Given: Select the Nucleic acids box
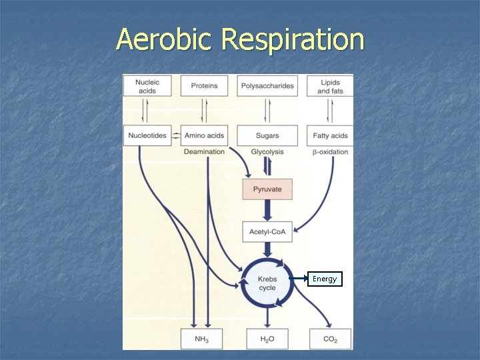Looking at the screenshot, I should pos(147,86).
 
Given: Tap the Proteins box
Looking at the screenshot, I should pos(204,86).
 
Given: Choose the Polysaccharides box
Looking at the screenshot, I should pos(267,86).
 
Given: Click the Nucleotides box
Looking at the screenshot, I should pos(147,135).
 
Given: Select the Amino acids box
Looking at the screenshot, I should pos(204,135).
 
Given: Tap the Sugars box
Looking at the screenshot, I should pos(267,135).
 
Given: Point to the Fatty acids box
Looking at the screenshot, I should pos(330,135).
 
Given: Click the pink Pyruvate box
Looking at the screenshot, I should pos(267,189).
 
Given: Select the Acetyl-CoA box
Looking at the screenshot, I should pos(267,231).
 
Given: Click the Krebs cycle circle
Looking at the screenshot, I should pos(267,283).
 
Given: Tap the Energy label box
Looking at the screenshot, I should pos(325,279).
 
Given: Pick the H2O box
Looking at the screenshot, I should pos(267,339).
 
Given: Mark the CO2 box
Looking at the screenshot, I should pos(330,339).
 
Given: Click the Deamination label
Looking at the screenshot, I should pos(204,152).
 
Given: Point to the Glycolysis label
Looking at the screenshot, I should pos(267,152).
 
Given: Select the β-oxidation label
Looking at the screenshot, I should pos(330,152).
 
